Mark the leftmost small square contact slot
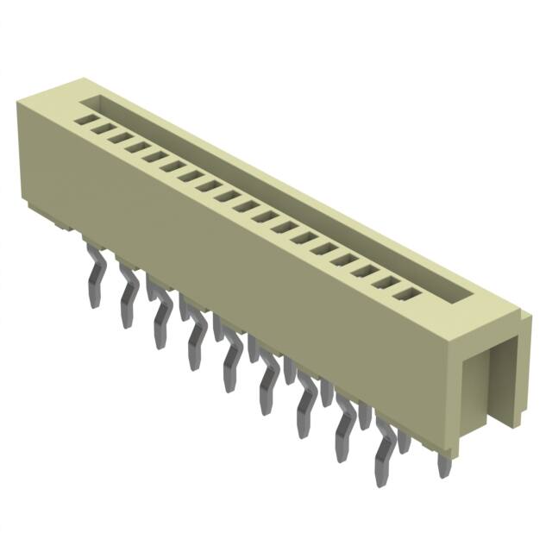85,121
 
